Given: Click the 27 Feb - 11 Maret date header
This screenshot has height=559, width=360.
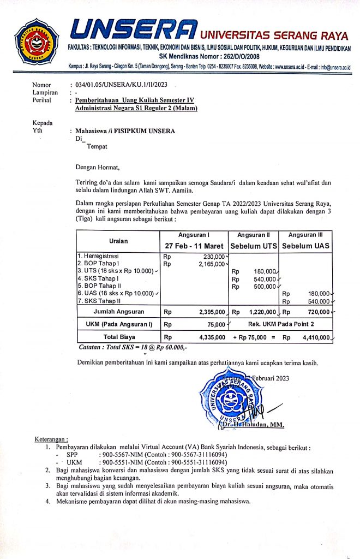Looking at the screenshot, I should (194, 246).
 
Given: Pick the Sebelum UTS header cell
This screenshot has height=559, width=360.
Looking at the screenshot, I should (254, 246).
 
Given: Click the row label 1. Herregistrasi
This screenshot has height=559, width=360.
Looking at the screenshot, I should (98, 255).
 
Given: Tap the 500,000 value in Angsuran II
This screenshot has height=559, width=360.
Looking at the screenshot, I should (265, 286).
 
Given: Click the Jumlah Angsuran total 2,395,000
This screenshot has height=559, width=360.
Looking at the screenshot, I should (209, 312).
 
